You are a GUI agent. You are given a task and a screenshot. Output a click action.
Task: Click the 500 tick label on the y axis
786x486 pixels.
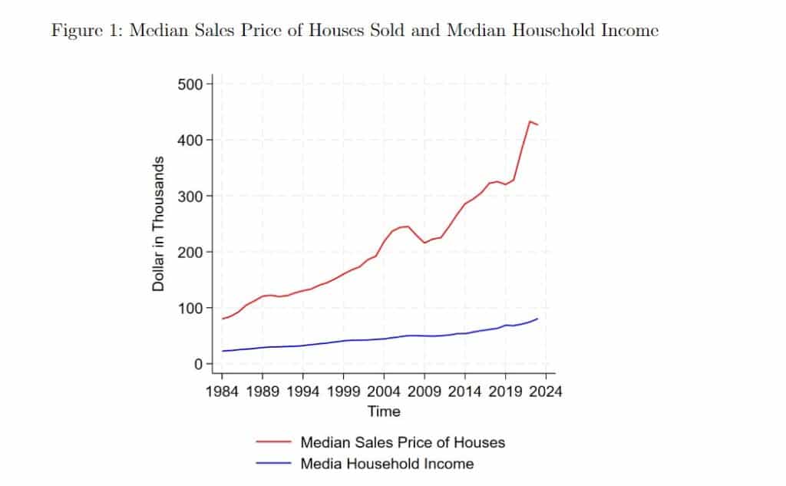[190, 84]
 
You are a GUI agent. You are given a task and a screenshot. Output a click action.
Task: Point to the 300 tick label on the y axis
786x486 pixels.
[190, 196]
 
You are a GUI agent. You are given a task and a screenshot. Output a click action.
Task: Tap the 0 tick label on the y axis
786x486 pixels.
[199, 364]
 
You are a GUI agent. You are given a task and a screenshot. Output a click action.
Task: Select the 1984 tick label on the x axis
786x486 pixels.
[222, 392]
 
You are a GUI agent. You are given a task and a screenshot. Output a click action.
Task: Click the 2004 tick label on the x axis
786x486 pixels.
[384, 392]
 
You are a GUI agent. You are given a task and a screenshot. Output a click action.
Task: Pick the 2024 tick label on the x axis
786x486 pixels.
[546, 392]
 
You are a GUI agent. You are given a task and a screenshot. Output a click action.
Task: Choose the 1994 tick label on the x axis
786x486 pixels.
[302, 392]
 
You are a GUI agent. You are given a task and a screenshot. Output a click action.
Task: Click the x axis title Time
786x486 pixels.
[384, 412]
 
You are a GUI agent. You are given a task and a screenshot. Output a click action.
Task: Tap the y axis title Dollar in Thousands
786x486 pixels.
[158, 223]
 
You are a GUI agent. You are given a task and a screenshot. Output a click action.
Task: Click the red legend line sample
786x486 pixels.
[274, 442]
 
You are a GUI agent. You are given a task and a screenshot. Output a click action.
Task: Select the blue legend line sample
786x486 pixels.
[274, 463]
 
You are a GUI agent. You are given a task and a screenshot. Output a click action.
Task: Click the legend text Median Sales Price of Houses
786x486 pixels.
[402, 442]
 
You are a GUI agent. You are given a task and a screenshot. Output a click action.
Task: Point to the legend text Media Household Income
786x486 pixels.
[387, 464]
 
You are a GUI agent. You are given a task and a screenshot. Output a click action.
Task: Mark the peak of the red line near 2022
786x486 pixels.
[530, 121]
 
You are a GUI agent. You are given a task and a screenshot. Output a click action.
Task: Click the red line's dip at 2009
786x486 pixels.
[424, 243]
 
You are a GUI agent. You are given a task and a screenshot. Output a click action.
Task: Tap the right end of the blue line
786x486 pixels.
[537, 319]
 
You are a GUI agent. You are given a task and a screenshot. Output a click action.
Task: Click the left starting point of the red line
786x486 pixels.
[222, 319]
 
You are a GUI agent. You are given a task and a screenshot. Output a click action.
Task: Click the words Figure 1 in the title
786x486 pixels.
[87, 31]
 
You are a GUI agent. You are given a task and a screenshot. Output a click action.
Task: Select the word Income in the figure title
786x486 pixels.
[629, 30]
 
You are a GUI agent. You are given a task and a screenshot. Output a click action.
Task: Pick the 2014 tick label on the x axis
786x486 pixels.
[464, 392]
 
